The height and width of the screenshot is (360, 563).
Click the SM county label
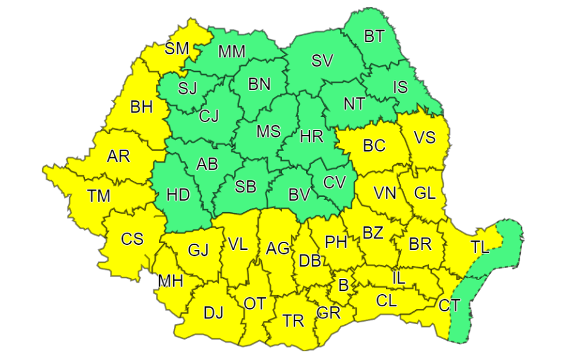point(177,48)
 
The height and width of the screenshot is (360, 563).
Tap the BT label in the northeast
point(374,36)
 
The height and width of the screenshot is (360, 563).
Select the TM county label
point(99,196)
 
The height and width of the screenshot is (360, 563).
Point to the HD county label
point(178,194)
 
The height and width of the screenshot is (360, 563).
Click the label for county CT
point(449,306)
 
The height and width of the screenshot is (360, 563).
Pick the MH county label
point(171,281)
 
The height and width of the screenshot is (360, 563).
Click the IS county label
point(400,87)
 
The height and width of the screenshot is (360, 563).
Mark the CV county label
point(334,182)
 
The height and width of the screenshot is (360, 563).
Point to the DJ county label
point(213,313)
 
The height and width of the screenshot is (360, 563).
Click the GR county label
point(328,313)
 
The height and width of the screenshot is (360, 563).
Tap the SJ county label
point(188,88)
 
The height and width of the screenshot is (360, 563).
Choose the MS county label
point(268,131)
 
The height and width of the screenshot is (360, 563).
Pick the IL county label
point(398,278)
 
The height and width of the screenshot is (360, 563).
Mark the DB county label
point(310,262)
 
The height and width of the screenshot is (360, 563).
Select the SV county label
point(323,61)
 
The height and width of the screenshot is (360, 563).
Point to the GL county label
point(425,192)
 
